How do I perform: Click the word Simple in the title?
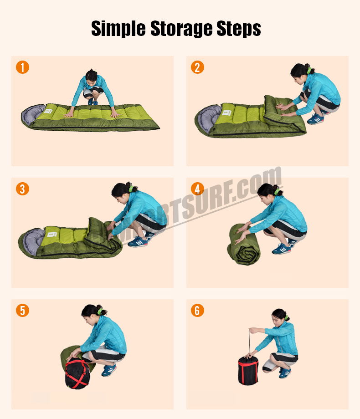pos(117,28)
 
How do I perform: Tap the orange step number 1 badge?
pos(22,67)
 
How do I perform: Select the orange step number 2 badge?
pos(197,67)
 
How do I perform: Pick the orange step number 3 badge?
pos(22,189)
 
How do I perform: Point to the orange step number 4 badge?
pos(197,189)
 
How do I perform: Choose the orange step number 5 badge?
pos(22,310)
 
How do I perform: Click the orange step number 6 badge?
pos(197,310)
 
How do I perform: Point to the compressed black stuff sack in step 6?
pos(248,370)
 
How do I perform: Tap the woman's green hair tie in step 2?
pos(309,71)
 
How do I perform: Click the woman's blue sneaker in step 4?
pos(282,248)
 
